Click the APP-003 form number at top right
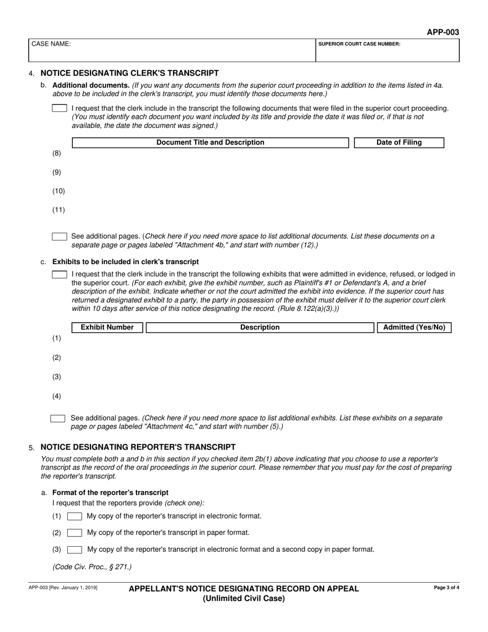(x=443, y=32)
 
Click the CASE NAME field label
(x=51, y=44)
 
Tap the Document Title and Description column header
(x=210, y=142)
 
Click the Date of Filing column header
(x=399, y=142)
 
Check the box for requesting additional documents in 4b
(x=60, y=108)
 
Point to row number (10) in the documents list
(x=59, y=191)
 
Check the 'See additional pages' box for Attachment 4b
(x=60, y=236)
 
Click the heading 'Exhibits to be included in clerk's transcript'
(x=125, y=262)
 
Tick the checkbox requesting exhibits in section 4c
(x=60, y=274)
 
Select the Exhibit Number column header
(x=107, y=327)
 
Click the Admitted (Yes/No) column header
(x=414, y=327)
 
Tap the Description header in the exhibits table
(x=260, y=327)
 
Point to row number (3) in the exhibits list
(x=57, y=377)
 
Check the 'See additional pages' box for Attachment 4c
(x=58, y=418)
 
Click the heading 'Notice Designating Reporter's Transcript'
(x=138, y=447)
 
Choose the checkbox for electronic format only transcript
(x=74, y=516)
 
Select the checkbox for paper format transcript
(x=74, y=533)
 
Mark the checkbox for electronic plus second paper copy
(x=74, y=549)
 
